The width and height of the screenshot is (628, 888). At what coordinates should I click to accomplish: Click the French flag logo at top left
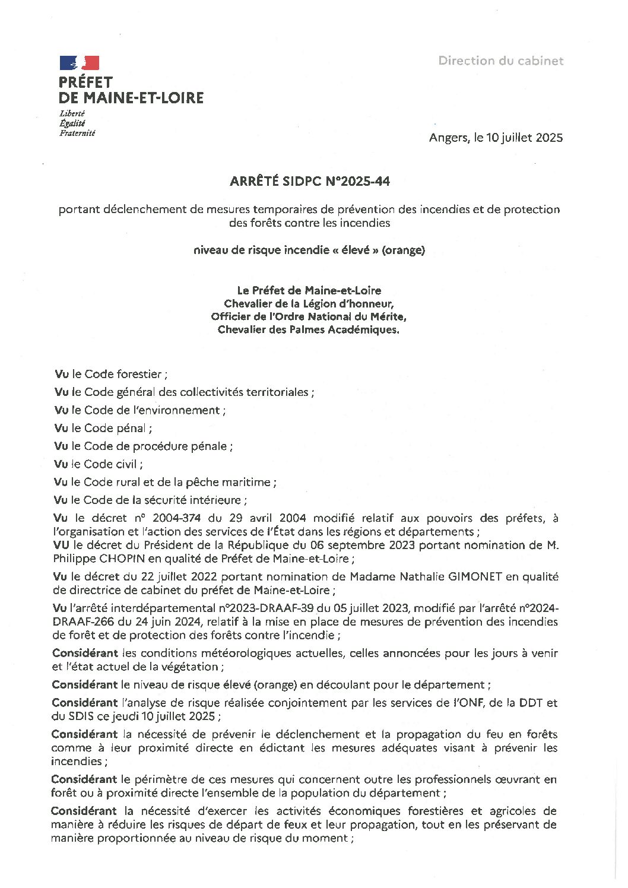click(x=79, y=63)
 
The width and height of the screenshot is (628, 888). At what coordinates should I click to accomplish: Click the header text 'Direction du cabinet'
click(x=500, y=61)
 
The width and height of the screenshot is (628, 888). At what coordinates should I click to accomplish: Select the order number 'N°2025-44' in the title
click(x=357, y=182)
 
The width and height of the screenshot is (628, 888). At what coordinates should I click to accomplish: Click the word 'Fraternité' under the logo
click(x=77, y=133)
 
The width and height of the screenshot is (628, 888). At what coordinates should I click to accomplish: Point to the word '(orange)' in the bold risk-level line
click(x=404, y=250)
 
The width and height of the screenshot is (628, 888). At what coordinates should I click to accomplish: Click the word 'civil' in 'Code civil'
click(x=126, y=464)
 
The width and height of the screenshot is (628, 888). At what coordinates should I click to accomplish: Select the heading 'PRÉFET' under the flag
click(x=85, y=83)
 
